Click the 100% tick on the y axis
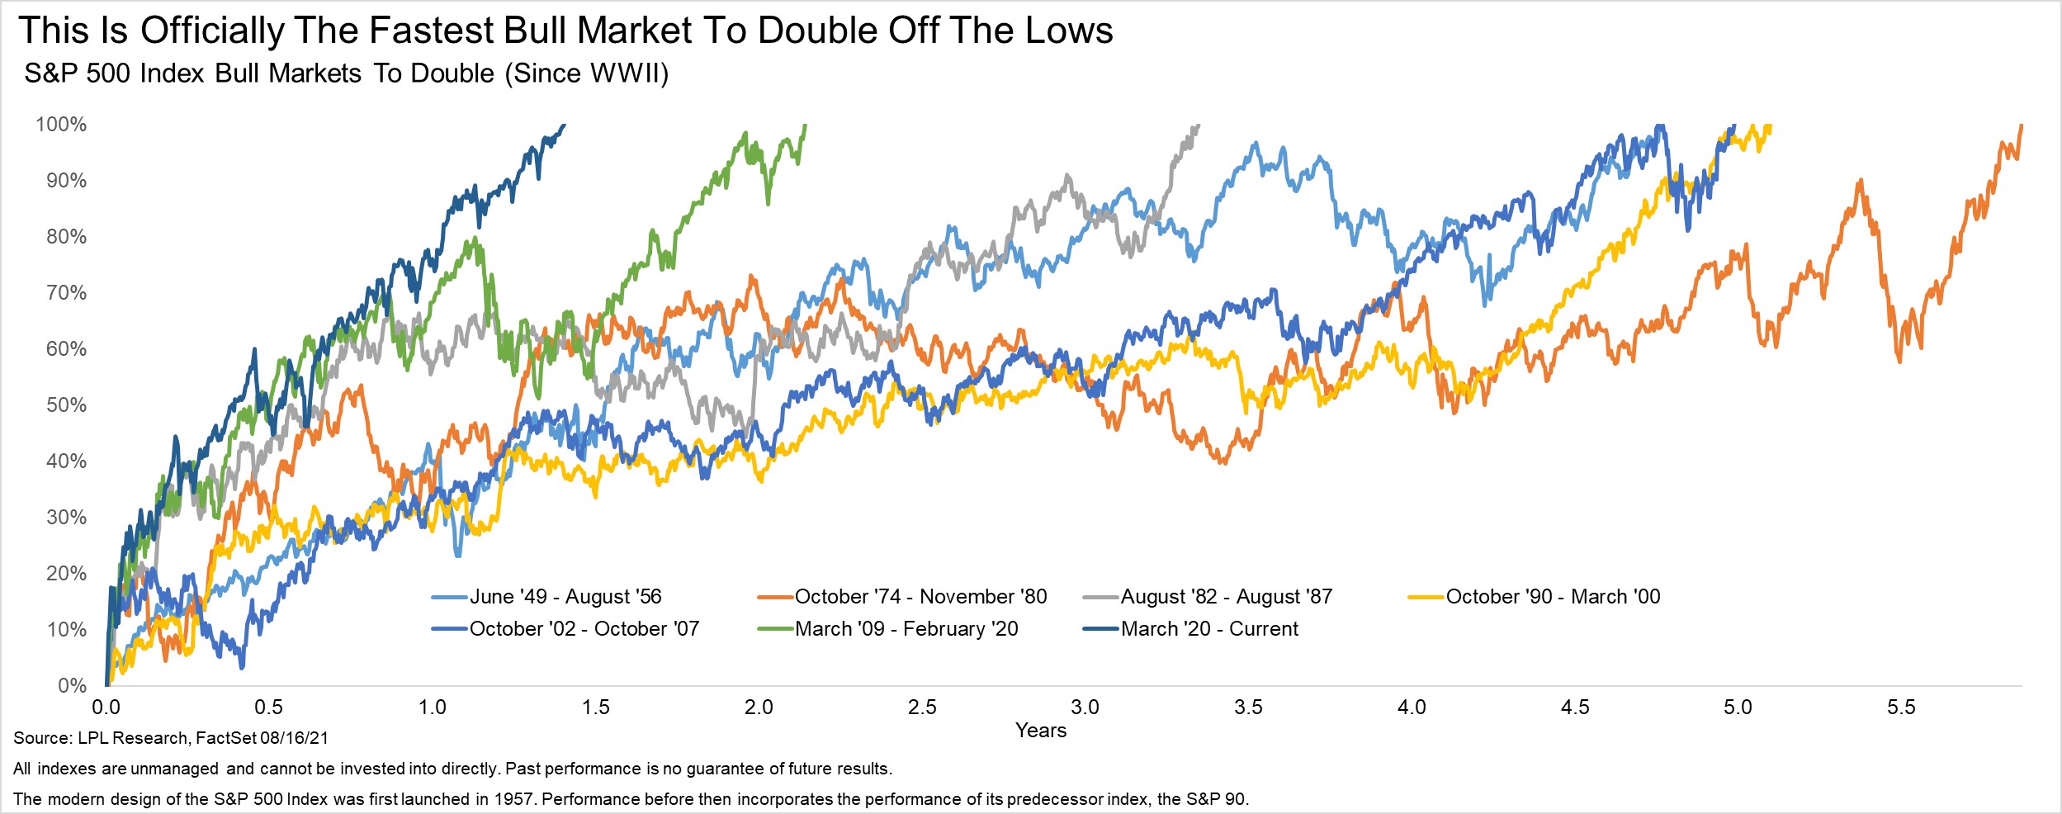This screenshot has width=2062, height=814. tap(61, 125)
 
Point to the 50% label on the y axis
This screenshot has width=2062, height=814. tap(66, 405)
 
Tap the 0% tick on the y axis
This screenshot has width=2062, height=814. tap(72, 685)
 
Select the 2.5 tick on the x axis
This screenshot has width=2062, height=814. tap(922, 708)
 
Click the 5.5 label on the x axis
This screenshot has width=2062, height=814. tap(1901, 708)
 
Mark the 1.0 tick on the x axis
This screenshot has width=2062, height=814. tap(433, 708)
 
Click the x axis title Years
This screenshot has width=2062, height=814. tap(1041, 731)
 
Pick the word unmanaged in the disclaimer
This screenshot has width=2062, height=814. tap(174, 769)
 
